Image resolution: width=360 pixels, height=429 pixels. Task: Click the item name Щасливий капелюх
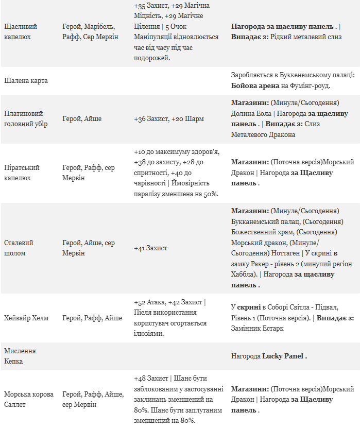[x=21, y=31]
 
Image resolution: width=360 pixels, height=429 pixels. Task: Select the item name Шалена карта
[x=26, y=81]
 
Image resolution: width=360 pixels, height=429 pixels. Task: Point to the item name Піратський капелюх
[x=22, y=173]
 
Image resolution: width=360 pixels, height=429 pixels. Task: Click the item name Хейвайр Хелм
[x=26, y=318]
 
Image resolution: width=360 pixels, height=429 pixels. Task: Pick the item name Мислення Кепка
[x=20, y=356]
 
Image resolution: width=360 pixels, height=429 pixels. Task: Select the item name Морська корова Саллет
[x=29, y=399]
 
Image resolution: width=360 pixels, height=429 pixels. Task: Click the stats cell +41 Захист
[x=150, y=248]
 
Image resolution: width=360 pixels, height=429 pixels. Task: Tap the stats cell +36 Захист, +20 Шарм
[x=168, y=118]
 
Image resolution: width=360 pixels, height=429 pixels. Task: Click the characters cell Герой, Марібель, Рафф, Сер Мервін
[x=90, y=31]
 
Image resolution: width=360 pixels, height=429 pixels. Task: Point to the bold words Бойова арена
[x=255, y=85]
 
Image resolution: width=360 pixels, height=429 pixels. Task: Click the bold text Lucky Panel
[x=283, y=356]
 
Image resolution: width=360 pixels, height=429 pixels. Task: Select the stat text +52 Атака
[x=150, y=302]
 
